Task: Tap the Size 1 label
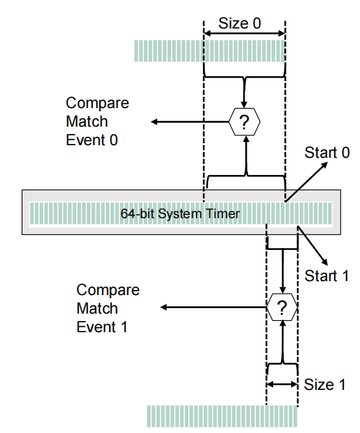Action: click(x=325, y=385)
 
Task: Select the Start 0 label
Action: click(x=327, y=153)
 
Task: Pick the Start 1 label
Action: click(x=327, y=276)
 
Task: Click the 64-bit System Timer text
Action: click(x=179, y=214)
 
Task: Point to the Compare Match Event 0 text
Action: click(x=97, y=121)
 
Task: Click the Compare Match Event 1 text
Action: click(x=108, y=308)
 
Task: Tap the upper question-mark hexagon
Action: click(x=245, y=121)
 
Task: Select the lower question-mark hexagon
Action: click(x=282, y=308)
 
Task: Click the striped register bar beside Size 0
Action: click(x=210, y=50)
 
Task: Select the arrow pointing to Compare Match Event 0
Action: click(x=189, y=121)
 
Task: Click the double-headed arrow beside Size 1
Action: click(x=282, y=383)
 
